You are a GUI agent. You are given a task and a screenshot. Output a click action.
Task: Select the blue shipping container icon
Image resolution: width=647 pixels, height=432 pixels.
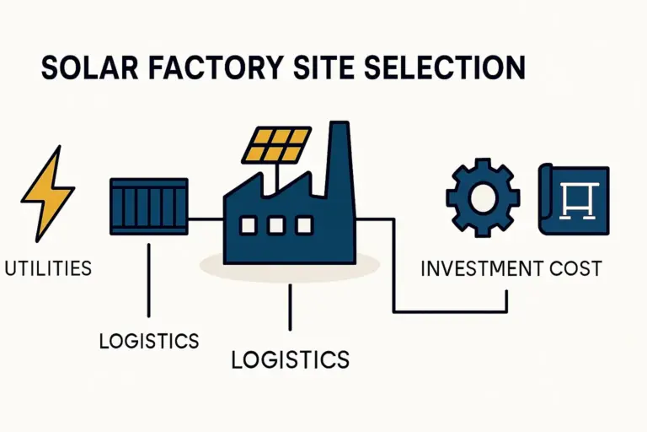(148, 205)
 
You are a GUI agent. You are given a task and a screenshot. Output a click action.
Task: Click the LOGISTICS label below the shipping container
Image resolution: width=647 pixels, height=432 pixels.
(149, 341)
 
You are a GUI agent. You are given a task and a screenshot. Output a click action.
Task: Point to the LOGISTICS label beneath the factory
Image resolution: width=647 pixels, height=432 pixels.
(290, 359)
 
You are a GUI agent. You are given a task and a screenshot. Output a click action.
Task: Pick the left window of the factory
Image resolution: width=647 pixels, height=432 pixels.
(248, 225)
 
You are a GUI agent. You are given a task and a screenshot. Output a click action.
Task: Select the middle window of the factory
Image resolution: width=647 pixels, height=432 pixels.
(275, 225)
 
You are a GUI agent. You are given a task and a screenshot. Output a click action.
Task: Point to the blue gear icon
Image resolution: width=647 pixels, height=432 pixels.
(484, 197)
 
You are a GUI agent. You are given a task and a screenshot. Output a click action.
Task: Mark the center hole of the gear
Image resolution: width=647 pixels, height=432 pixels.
(484, 197)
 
